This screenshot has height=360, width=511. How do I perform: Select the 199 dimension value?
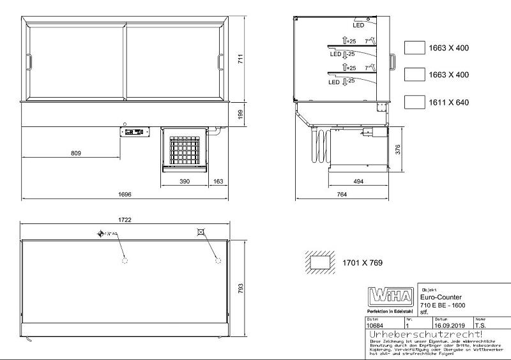[241, 114]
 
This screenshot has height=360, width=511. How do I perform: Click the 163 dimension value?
[218, 183]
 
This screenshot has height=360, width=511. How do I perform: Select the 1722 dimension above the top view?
[125, 220]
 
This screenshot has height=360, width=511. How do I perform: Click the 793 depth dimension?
[241, 289]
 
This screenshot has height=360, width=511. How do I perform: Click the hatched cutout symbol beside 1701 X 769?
[321, 262]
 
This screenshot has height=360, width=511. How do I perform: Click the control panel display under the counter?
[134, 132]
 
